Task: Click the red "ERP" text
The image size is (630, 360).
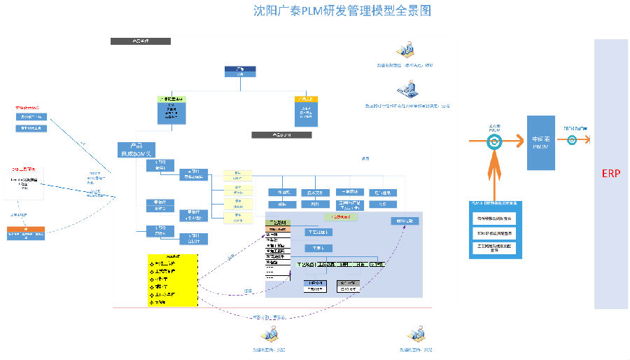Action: pyautogui.click(x=611, y=173)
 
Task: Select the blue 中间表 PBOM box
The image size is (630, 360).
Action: pyautogui.click(x=540, y=142)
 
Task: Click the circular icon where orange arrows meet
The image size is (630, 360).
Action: pyautogui.click(x=494, y=141)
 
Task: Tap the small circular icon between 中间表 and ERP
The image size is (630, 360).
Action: pyautogui.click(x=572, y=140)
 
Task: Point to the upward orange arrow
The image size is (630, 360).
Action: pyautogui.click(x=494, y=175)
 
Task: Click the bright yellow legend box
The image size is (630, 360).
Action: pyautogui.click(x=173, y=280)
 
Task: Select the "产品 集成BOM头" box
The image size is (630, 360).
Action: pyautogui.click(x=136, y=149)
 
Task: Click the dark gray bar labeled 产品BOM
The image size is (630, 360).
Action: pyautogui.click(x=281, y=134)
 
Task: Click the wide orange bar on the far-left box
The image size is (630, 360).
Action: pyautogui.click(x=27, y=229)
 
